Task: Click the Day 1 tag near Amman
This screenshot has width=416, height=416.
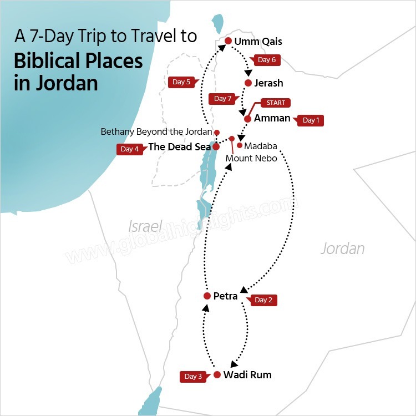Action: click(311, 120)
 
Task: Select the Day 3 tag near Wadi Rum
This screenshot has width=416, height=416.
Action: click(193, 377)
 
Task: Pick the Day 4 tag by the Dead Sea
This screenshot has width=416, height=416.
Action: click(129, 149)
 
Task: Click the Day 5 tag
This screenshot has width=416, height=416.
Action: click(181, 82)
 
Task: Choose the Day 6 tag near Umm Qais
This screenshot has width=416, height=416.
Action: click(266, 60)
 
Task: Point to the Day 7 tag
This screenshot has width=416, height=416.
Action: click(222, 99)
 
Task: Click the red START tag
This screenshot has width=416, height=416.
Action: click(276, 103)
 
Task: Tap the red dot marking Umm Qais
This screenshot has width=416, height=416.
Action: click(227, 40)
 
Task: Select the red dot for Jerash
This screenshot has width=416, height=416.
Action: click(248, 83)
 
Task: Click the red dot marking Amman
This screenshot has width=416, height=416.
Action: click(247, 118)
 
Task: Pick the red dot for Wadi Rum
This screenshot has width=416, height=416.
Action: click(217, 375)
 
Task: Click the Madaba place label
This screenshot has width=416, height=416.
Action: click(260, 146)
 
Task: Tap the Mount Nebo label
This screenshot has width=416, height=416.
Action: click(251, 159)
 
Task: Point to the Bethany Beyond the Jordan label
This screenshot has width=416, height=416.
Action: click(156, 132)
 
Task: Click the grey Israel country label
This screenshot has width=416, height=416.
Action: click(145, 226)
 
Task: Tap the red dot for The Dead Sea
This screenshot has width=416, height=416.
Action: click(216, 147)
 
